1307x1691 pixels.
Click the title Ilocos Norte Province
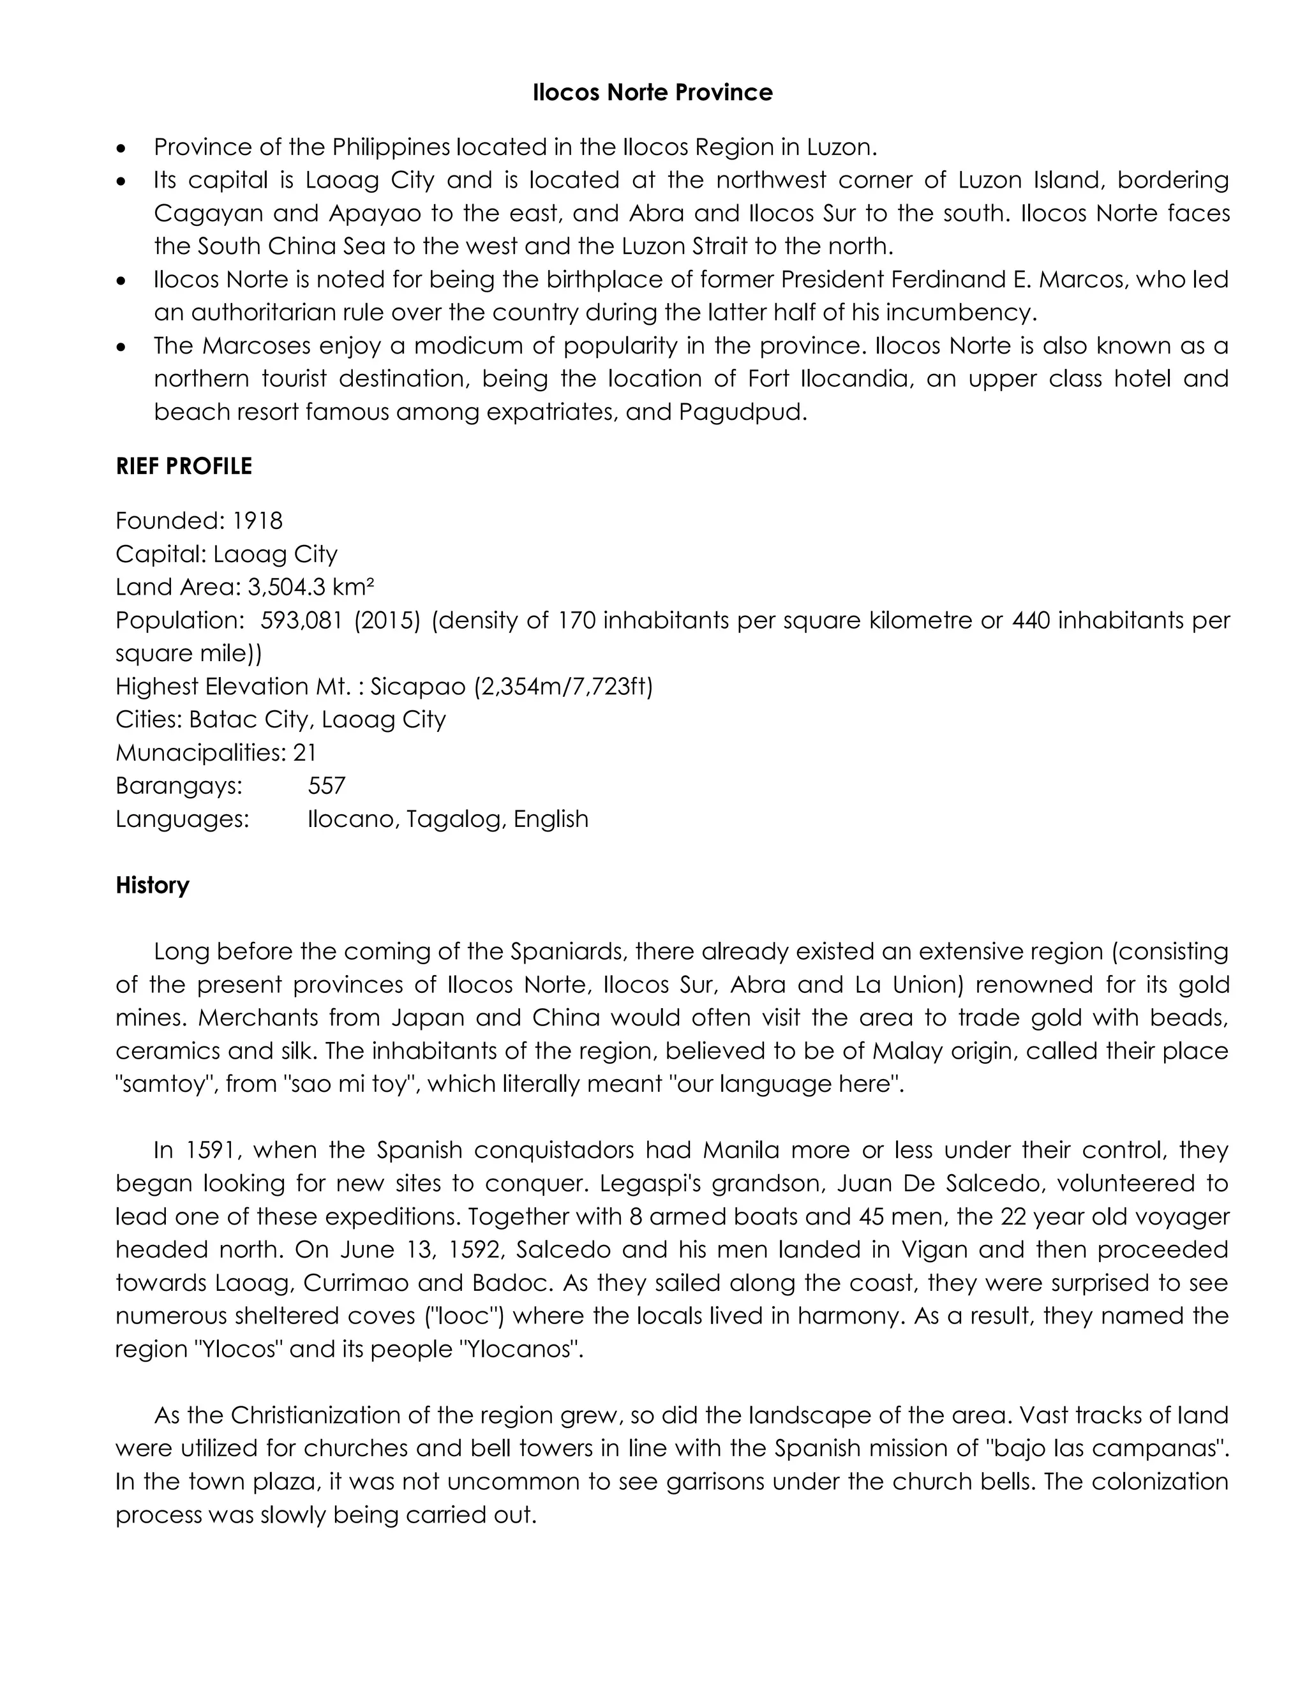click(652, 93)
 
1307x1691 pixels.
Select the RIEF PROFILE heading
click(184, 466)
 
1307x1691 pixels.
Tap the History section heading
click(152, 885)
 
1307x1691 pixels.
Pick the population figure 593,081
click(301, 621)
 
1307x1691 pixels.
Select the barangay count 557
click(326, 787)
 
